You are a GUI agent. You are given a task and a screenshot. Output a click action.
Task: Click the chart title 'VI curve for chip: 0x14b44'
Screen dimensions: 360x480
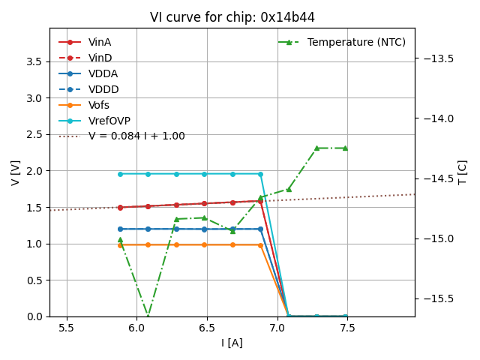point(232,17)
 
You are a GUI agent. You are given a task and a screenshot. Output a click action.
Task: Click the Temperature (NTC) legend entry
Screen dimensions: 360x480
point(345,42)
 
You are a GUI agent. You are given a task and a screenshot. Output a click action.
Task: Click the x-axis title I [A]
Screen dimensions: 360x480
point(232,343)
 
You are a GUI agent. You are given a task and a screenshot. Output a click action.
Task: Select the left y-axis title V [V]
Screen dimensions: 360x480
point(16,172)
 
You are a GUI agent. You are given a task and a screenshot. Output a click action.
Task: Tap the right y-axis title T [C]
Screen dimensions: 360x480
point(462,172)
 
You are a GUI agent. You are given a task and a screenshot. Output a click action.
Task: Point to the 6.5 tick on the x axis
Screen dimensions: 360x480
point(207,328)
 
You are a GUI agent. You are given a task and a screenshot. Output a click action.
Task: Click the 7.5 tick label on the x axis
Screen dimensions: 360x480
point(347,328)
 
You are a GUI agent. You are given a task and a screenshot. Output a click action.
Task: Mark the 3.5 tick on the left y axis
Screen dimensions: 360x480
point(34,61)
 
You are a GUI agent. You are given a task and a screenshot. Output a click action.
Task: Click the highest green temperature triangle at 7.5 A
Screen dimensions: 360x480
point(345,148)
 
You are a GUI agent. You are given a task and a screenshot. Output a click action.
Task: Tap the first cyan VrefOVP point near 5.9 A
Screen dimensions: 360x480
point(120,174)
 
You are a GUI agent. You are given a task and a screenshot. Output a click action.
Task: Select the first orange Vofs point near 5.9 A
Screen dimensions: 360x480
point(120,244)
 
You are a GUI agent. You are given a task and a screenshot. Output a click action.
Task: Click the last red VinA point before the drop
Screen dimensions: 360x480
point(260,201)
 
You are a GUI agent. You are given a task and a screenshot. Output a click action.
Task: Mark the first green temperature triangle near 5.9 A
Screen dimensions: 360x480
point(120,240)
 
